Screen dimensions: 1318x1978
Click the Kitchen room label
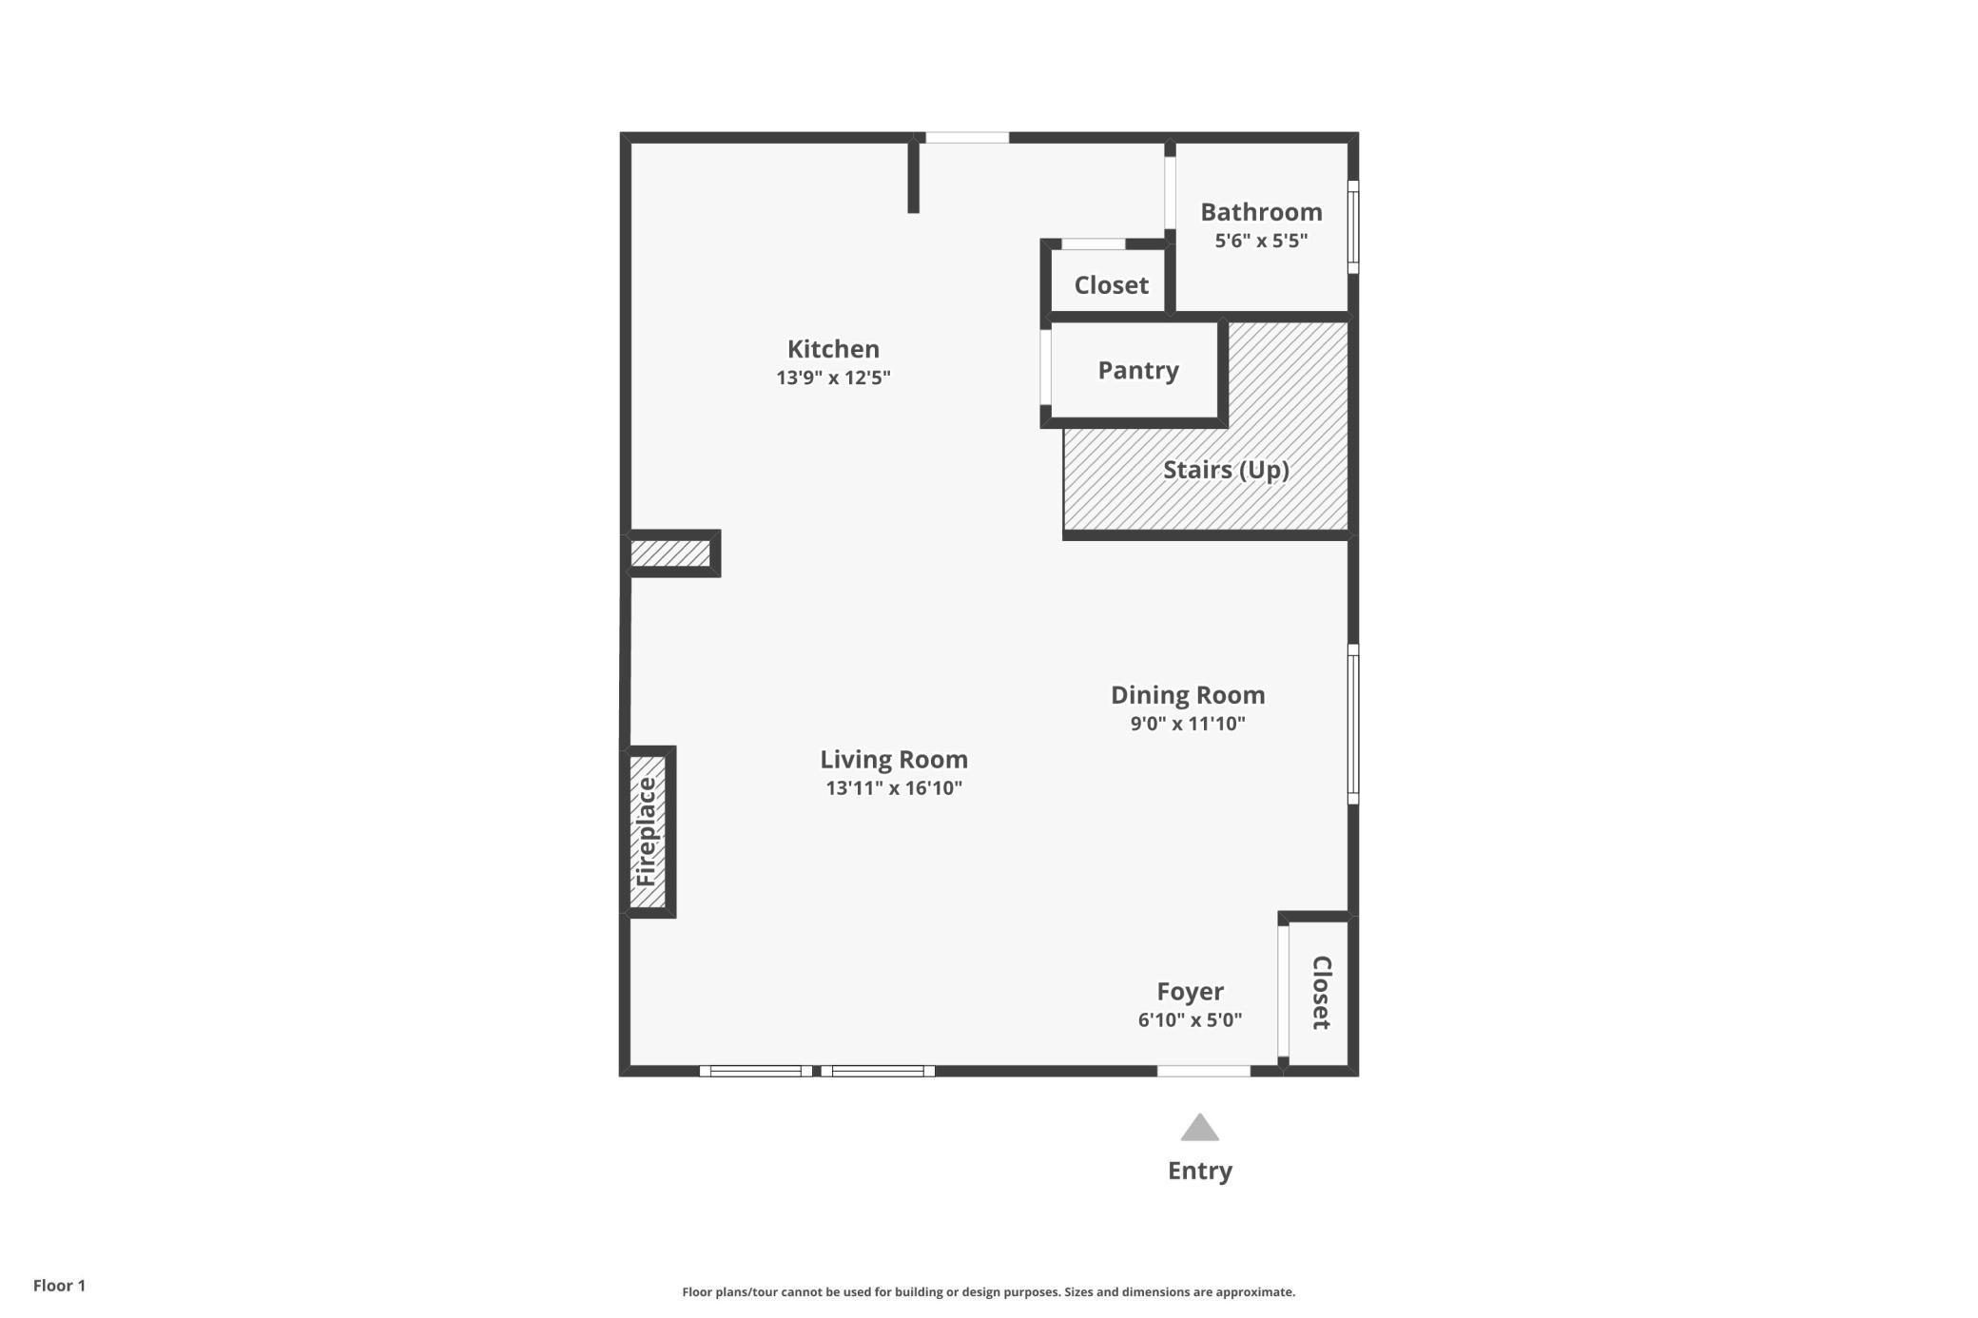(x=833, y=349)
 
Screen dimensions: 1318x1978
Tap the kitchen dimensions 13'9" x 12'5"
(x=833, y=378)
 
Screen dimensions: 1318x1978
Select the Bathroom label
(x=1261, y=212)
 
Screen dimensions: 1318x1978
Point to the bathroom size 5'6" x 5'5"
(x=1261, y=241)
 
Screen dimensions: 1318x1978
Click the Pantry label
(x=1138, y=370)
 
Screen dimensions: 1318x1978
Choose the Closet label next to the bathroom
(x=1111, y=285)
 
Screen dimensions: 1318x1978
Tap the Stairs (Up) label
(x=1226, y=470)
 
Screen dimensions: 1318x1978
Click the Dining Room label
(x=1188, y=695)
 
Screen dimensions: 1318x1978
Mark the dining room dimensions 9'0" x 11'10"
(x=1188, y=724)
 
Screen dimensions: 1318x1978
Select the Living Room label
(x=894, y=760)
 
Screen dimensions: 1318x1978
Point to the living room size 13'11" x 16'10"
(x=894, y=788)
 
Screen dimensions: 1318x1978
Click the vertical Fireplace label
(x=647, y=832)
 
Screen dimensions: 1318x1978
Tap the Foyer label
(x=1190, y=992)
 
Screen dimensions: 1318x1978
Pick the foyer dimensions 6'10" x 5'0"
(x=1190, y=1020)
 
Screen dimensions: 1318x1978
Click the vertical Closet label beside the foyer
(x=1322, y=993)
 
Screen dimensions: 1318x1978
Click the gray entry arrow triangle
(x=1200, y=1129)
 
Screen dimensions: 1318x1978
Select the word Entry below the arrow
(x=1200, y=1171)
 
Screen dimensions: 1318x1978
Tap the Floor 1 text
(x=59, y=1286)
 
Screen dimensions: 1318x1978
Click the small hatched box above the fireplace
(x=670, y=553)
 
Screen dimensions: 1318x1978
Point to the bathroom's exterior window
(x=1353, y=227)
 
